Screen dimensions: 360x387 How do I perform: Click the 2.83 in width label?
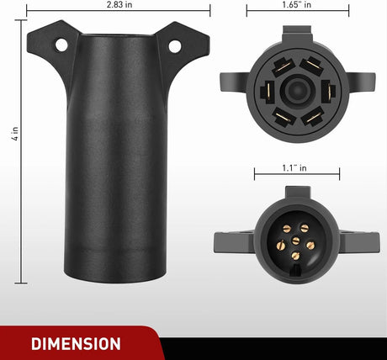118,5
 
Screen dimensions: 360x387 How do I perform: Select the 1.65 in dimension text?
297,5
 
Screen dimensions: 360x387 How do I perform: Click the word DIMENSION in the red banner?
75,343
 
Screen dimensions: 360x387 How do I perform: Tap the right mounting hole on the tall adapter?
174,45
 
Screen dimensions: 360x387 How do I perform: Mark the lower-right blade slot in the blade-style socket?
313,118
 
